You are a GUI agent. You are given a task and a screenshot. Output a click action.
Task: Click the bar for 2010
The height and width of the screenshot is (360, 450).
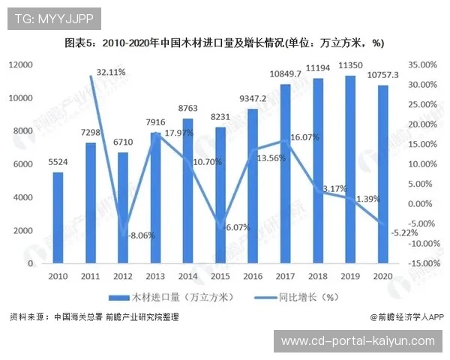(x=58, y=217)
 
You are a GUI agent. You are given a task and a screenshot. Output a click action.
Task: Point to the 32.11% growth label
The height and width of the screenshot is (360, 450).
(x=111, y=73)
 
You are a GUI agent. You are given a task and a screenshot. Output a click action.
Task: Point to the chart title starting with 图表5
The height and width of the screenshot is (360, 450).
(x=224, y=43)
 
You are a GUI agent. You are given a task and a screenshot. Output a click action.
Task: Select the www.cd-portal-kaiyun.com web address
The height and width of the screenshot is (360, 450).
(x=358, y=340)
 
